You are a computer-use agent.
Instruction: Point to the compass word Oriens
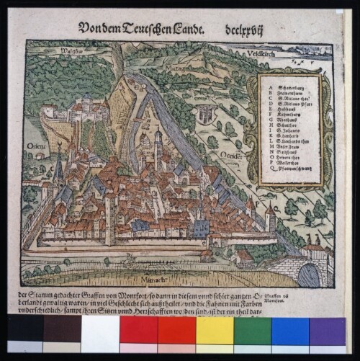pyautogui.click(x=37, y=148)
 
